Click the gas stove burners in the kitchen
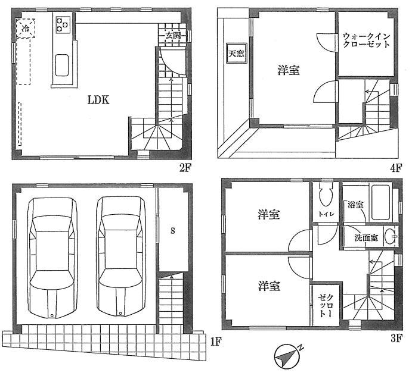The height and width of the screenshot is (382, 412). (x=63, y=24)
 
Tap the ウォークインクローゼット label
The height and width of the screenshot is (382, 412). (x=365, y=40)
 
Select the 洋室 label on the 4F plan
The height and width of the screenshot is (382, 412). (x=289, y=70)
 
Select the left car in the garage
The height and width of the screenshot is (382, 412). (x=52, y=256)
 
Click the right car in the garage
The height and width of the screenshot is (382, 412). (x=122, y=256)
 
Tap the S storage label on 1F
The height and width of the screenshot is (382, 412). (x=173, y=230)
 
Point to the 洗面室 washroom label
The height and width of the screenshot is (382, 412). (x=366, y=237)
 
